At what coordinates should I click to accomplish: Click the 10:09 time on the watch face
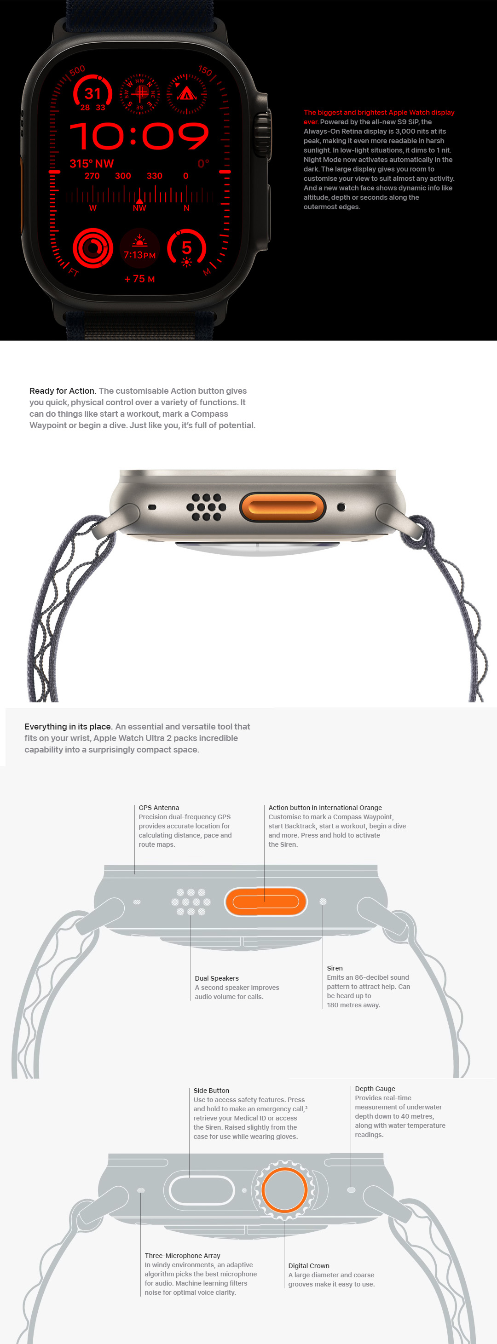click(x=139, y=136)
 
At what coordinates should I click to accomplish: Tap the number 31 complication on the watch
click(x=92, y=94)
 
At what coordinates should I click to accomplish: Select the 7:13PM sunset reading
click(x=139, y=255)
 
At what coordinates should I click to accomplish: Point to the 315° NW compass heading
click(x=92, y=164)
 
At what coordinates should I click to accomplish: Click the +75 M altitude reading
click(x=139, y=279)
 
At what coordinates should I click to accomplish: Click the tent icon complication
click(x=186, y=94)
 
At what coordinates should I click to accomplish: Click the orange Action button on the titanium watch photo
click(x=283, y=507)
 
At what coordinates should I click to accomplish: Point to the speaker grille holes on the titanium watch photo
click(x=206, y=507)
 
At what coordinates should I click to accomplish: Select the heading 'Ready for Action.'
click(x=63, y=391)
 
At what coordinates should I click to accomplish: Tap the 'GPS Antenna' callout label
click(x=159, y=808)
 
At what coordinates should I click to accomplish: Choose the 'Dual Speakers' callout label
click(x=217, y=978)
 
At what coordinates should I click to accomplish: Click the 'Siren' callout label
click(x=335, y=968)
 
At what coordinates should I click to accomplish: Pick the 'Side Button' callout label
click(x=211, y=1091)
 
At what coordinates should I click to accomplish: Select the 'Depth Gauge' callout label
click(x=375, y=1088)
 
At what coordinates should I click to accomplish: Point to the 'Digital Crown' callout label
click(x=308, y=1266)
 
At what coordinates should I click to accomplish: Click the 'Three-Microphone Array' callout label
click(x=182, y=1256)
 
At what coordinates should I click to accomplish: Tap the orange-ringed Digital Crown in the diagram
click(x=284, y=1190)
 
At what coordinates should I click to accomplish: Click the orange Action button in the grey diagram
click(x=266, y=902)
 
